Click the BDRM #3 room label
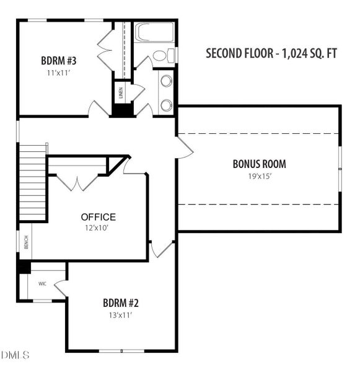pos(59,61)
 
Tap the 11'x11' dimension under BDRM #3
pos(59,73)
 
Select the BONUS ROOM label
pos(260,164)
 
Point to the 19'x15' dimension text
pos(260,176)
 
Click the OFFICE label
pos(99,217)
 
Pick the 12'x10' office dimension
pos(97,228)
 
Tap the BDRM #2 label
pos(120,303)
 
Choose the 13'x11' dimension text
pos(120,316)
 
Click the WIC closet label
pos(43,284)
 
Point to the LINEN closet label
pos(121,93)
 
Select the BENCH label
pos(26,242)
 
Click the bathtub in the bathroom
pos(155,32)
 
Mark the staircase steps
pos(32,183)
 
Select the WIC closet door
pos(61,288)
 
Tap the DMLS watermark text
pos(15,355)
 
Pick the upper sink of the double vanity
pos(167,80)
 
